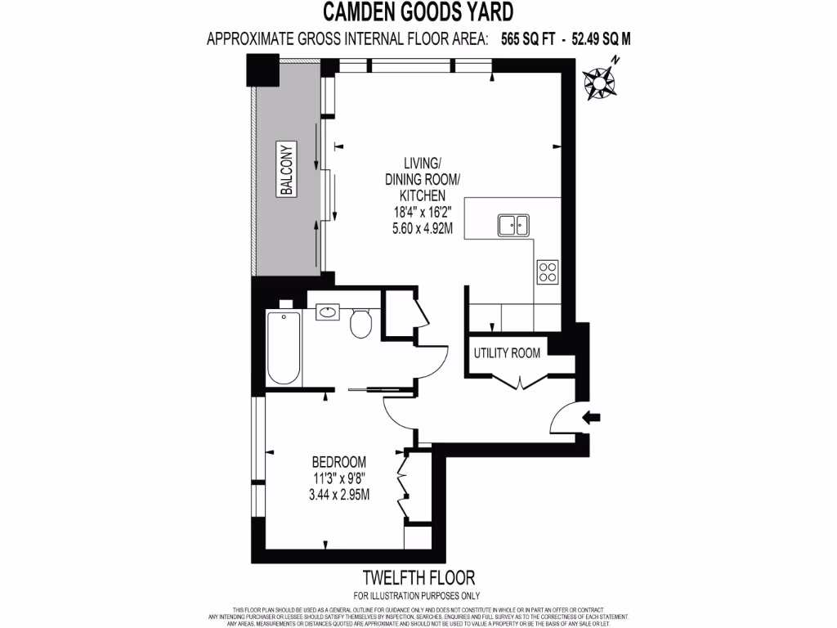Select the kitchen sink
click(x=514, y=223)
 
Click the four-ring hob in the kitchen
click(x=547, y=271)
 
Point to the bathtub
click(x=284, y=348)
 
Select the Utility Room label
click(x=507, y=353)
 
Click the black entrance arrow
click(x=590, y=418)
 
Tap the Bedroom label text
click(x=338, y=462)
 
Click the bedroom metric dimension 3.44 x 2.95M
click(x=338, y=494)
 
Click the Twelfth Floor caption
click(x=417, y=578)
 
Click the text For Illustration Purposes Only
click(x=417, y=595)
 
